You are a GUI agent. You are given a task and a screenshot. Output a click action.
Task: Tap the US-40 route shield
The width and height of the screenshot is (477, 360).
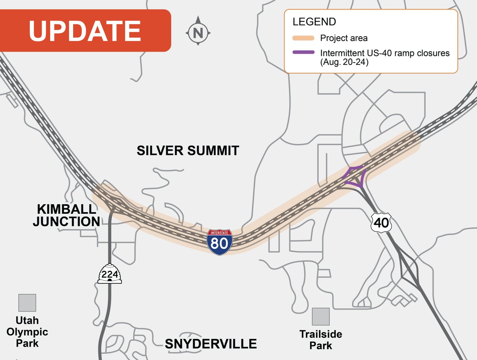[x=381, y=223]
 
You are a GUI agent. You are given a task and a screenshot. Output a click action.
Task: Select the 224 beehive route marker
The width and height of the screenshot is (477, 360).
[x=109, y=273]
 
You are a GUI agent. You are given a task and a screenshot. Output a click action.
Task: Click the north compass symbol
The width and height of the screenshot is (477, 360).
[x=198, y=32]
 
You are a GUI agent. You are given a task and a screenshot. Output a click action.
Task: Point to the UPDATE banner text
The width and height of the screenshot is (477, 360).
[x=85, y=31]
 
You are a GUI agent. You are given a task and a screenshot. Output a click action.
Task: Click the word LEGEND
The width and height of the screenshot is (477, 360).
[x=314, y=21]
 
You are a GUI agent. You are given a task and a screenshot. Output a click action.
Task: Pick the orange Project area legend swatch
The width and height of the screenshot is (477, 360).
[x=303, y=39]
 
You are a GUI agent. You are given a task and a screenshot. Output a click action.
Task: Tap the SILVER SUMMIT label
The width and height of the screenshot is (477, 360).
[x=188, y=151]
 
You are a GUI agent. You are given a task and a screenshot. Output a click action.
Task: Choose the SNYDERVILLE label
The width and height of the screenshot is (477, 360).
[x=211, y=344]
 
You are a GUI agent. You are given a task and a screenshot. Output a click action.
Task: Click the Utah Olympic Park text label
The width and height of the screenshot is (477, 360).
[x=27, y=332]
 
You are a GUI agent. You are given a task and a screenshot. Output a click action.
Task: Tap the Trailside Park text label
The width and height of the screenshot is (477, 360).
[x=321, y=339]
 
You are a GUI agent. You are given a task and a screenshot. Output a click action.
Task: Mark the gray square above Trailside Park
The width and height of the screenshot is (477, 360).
[x=321, y=317]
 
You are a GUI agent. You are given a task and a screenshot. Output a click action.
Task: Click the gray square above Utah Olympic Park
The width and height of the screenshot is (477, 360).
[x=27, y=303]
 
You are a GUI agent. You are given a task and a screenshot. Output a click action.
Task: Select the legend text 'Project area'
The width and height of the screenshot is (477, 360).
[x=344, y=39]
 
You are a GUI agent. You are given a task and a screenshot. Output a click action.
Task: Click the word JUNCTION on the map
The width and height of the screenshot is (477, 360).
[x=66, y=221]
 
